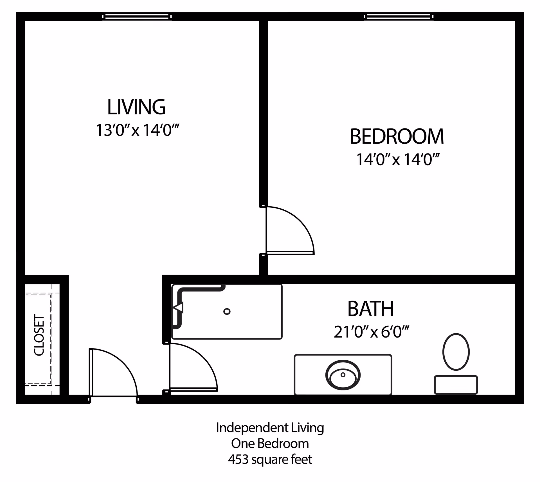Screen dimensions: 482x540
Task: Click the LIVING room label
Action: pyautogui.click(x=136, y=107)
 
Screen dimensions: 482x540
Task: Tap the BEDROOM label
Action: pyautogui.click(x=397, y=137)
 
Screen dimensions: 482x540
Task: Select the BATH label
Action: pyautogui.click(x=370, y=309)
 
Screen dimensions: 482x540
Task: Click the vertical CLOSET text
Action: pyautogui.click(x=39, y=335)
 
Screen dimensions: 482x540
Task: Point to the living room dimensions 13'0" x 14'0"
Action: pyautogui.click(x=138, y=130)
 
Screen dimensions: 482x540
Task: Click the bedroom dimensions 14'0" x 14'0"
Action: pyautogui.click(x=398, y=160)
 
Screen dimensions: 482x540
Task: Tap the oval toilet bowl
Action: pyautogui.click(x=456, y=352)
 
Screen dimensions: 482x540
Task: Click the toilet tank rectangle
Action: pyautogui.click(x=456, y=385)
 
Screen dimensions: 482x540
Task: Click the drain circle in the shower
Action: pyautogui.click(x=227, y=311)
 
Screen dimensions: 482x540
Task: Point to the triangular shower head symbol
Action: pyautogui.click(x=178, y=308)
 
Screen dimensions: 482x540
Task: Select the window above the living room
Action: pyautogui.click(x=137, y=17)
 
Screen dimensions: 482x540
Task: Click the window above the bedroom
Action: pyautogui.click(x=399, y=17)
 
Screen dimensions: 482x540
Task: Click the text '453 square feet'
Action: pyautogui.click(x=270, y=460)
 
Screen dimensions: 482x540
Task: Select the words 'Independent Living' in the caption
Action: pyautogui.click(x=270, y=428)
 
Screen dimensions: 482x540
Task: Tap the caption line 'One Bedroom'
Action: pyautogui.click(x=270, y=444)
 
